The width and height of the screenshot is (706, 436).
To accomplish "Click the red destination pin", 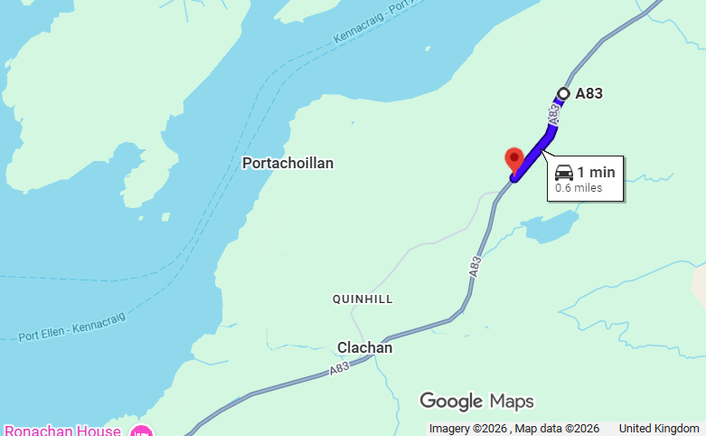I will click(514, 159).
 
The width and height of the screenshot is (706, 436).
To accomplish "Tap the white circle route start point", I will click(563, 93).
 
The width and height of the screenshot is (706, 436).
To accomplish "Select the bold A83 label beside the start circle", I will click(588, 93).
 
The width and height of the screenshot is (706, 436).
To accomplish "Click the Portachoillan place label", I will click(287, 164).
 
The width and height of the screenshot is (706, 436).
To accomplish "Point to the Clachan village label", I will click(364, 347).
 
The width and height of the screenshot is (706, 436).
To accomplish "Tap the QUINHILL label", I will click(363, 299).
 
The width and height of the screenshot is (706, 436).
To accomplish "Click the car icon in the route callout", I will click(563, 172).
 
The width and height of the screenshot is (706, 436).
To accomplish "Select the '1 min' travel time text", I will click(596, 172).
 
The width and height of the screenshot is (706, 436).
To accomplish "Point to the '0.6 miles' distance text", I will click(579, 188).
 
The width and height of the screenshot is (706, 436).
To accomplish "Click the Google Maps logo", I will click(476, 401).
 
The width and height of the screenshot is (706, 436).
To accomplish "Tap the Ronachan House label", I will click(62, 431).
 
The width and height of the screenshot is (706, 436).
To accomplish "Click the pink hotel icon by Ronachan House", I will click(140, 431).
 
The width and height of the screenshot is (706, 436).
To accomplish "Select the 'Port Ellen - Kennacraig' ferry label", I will click(72, 327).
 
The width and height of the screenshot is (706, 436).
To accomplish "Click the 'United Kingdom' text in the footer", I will click(659, 428).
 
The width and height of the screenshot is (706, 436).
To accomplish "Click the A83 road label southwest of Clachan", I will click(339, 368).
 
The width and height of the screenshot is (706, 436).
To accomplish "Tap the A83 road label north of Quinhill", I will click(475, 266).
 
